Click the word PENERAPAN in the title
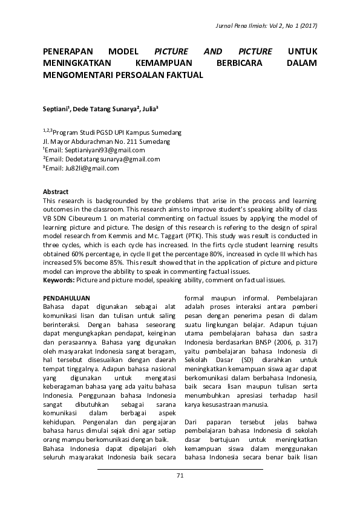pyautogui.click(x=71, y=51)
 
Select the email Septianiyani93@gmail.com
pyautogui.click(x=106, y=150)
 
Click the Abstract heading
pyautogui.click(x=56, y=192)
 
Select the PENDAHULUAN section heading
pyautogui.click(x=67, y=298)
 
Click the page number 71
pyautogui.click(x=180, y=475)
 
